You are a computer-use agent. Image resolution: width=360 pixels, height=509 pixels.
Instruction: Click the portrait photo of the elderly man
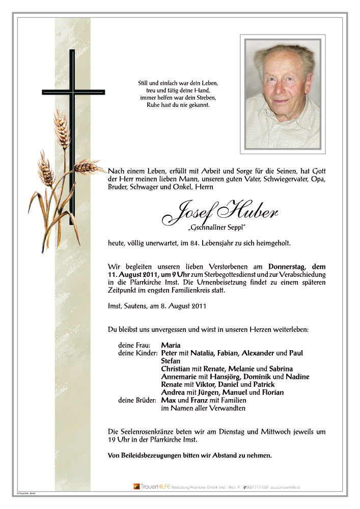pyautogui.click(x=283, y=94)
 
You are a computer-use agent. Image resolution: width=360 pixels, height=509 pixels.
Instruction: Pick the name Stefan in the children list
pyautogui.click(x=171, y=361)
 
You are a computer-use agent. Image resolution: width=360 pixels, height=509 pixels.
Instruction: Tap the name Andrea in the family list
pyautogui.click(x=173, y=392)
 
